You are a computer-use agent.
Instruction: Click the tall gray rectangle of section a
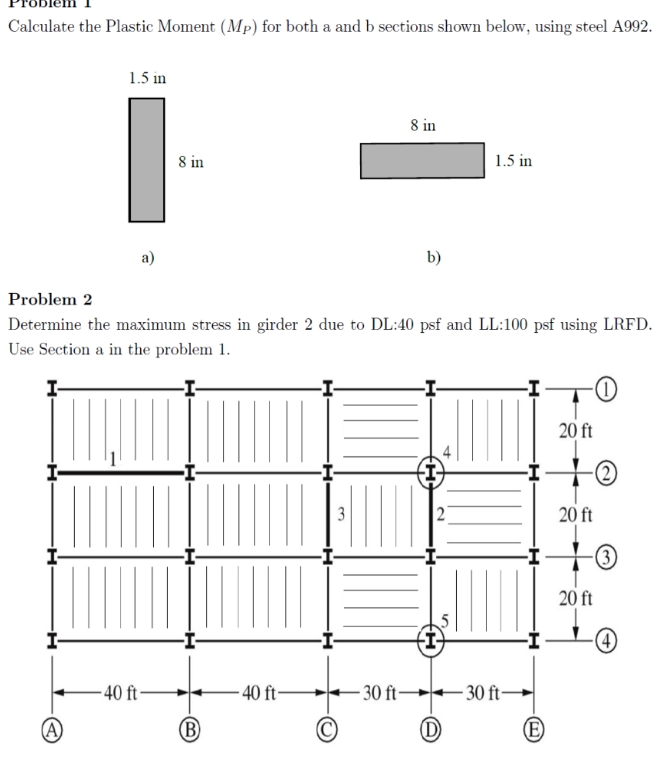coord(146,160)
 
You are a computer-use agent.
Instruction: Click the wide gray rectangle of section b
coord(422,161)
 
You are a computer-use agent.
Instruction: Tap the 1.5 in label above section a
coord(147,78)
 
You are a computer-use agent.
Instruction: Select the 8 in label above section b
coord(423,126)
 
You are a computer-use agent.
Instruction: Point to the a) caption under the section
coord(148,257)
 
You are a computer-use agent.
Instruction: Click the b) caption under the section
coord(434,257)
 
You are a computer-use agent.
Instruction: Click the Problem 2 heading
coord(50,299)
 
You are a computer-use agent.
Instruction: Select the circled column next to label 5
coord(431,641)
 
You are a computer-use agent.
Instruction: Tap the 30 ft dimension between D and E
coord(483,694)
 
